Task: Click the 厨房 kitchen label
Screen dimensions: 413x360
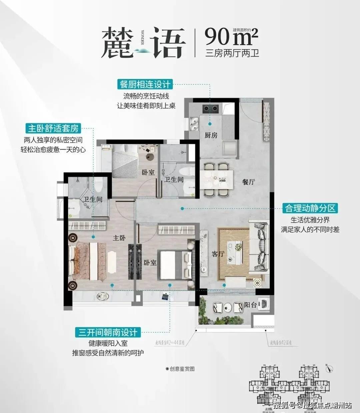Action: (211, 135)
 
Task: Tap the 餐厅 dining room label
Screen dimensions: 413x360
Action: (248, 182)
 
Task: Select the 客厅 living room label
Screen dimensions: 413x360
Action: (218, 254)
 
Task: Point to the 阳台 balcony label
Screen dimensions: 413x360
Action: (250, 305)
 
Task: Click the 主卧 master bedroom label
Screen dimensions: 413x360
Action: (119, 238)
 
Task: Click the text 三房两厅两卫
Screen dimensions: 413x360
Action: (232, 53)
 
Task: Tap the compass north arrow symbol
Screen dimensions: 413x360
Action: (329, 368)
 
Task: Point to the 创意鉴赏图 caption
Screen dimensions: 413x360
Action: (180, 369)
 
